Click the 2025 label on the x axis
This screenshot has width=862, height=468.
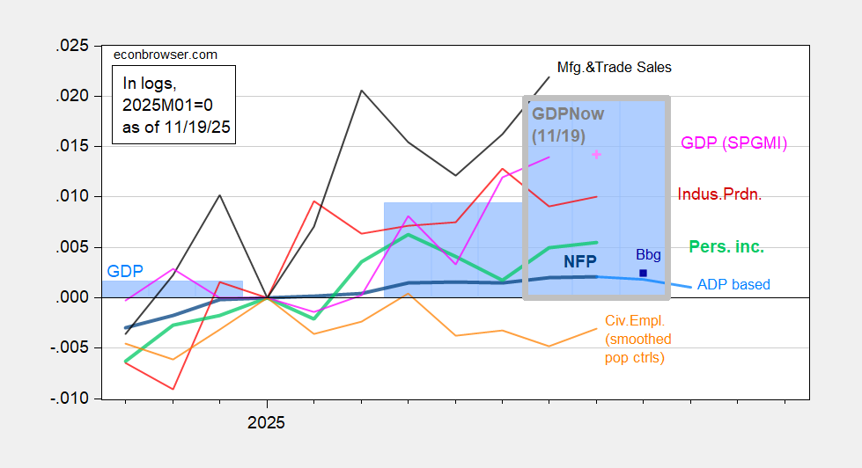click(x=266, y=422)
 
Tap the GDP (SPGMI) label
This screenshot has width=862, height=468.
click(x=733, y=143)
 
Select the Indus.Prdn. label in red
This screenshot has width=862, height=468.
click(x=719, y=194)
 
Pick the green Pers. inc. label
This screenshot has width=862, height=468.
click(x=726, y=248)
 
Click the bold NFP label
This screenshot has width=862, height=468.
click(x=580, y=261)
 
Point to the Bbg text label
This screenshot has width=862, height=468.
click(x=647, y=255)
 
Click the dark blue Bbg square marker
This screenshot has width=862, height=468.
click(x=644, y=274)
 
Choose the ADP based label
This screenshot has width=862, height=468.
click(x=733, y=284)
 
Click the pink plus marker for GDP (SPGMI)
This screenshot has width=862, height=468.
click(x=596, y=154)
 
